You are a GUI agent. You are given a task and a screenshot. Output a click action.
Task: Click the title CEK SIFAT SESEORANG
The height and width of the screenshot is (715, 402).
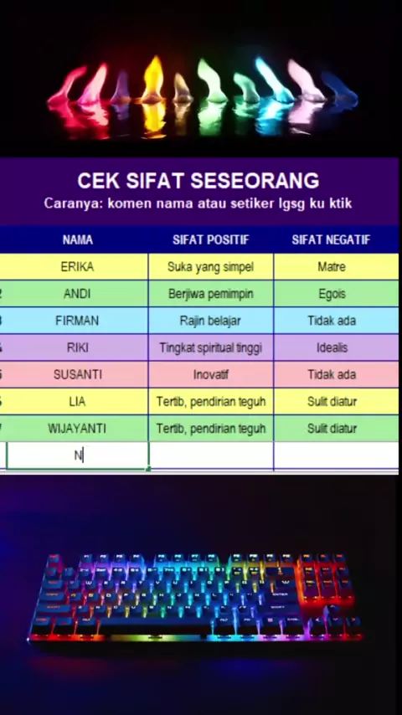pos(198,181)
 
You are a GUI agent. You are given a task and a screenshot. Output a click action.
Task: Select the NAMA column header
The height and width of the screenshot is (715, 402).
pos(78,239)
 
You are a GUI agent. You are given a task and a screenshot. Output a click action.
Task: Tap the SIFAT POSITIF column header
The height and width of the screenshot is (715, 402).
pos(211,239)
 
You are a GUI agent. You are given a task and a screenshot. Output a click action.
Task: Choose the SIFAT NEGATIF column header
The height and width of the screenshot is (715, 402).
pos(331,239)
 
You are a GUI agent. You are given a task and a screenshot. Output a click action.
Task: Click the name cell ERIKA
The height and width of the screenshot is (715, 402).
pos(77,267)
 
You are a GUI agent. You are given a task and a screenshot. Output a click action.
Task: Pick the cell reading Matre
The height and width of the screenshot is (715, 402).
pos(332,267)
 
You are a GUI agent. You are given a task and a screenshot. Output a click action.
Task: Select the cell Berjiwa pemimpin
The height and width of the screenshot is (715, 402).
pos(211,294)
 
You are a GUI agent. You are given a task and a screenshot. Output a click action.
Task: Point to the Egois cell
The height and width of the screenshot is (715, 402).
pos(332,294)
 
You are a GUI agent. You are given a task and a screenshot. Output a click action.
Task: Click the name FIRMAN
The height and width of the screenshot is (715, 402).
pos(77,321)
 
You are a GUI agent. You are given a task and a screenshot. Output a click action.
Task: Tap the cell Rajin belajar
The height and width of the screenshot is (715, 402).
pos(211,321)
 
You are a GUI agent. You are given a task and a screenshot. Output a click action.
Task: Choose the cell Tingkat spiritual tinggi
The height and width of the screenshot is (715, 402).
pos(211,348)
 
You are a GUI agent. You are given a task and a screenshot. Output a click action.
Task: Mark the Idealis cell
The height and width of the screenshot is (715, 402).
pos(332,348)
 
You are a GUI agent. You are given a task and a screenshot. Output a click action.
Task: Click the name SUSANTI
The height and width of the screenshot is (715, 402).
pos(78,375)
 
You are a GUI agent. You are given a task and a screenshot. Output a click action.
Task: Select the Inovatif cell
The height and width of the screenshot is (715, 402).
pos(211,375)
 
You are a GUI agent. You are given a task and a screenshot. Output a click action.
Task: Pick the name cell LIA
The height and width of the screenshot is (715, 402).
pos(77,402)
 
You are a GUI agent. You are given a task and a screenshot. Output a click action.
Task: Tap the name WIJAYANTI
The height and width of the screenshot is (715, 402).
pos(77,429)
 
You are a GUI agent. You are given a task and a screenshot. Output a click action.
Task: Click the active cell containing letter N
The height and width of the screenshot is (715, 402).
pos(78,455)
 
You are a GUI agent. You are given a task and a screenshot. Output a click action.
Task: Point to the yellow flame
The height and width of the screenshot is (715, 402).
pos(153,80)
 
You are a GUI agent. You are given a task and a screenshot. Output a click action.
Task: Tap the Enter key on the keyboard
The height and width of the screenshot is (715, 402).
pos(279,594)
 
